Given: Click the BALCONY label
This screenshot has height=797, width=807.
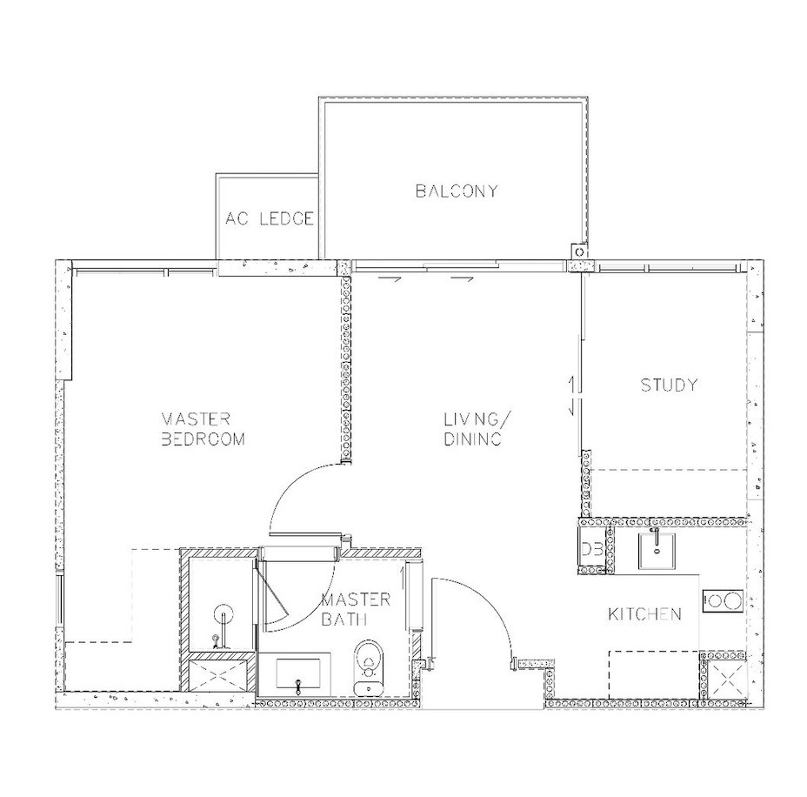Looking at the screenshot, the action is tap(457, 191).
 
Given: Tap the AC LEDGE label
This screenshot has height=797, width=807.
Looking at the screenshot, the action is tap(270, 218).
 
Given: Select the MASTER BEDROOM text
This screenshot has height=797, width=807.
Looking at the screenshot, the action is tap(203, 428).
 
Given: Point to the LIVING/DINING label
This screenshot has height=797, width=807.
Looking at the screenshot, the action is tap(476, 428).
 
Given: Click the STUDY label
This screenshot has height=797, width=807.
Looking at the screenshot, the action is tap(669, 385).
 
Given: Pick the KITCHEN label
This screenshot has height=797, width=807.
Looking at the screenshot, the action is tap(645, 613).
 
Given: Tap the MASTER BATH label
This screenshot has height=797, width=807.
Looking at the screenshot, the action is tap(356, 609).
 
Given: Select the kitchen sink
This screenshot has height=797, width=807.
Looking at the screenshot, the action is tap(657, 551).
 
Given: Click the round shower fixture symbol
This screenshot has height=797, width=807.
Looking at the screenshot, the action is tap(223, 614).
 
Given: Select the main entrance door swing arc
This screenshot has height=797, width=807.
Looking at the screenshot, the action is tap(490, 602).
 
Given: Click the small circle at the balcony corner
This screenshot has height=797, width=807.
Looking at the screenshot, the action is tap(579, 251).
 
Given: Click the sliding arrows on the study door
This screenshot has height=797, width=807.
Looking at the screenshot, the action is tap(571, 395).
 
